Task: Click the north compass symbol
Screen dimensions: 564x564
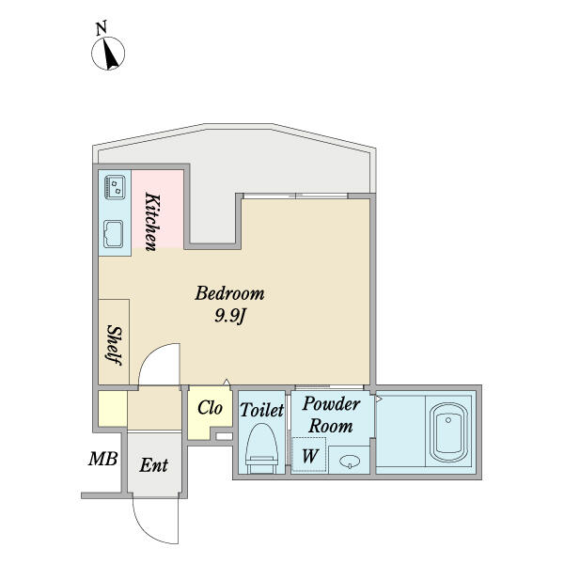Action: tap(108, 54)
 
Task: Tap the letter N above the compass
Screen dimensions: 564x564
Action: tap(102, 28)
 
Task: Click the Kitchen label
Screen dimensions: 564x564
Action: tap(152, 222)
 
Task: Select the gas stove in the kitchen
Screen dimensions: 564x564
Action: tap(115, 187)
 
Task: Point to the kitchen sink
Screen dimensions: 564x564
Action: tap(114, 234)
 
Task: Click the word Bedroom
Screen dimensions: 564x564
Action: tap(229, 293)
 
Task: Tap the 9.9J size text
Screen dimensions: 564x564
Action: tap(230, 317)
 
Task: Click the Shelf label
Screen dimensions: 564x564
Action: tap(115, 345)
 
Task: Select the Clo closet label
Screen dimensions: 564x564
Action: tap(210, 408)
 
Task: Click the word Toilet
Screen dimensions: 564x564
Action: tap(262, 410)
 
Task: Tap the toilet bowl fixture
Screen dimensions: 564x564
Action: tap(261, 448)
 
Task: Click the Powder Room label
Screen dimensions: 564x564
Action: tap(331, 415)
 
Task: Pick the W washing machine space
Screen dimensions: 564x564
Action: tap(309, 455)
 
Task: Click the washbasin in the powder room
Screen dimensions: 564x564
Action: tap(350, 461)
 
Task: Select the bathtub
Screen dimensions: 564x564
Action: tap(448, 432)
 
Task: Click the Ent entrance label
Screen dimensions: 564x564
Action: tap(153, 465)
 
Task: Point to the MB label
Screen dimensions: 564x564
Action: tap(102, 459)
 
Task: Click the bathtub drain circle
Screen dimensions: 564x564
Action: tap(448, 420)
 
